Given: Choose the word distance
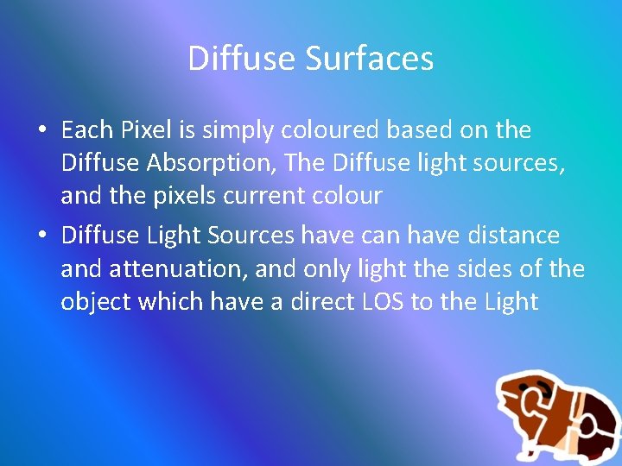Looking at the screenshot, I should (514, 236).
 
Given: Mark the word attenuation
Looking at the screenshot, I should (178, 269).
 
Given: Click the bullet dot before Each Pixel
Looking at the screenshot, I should (41, 131).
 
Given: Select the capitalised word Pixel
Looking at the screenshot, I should (145, 130).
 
